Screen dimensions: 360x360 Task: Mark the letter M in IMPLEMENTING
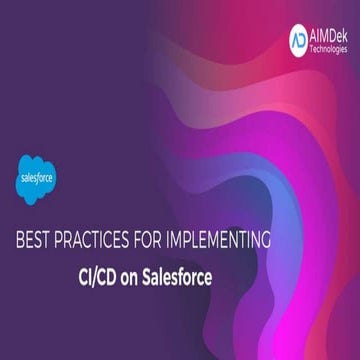tap(206, 241)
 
